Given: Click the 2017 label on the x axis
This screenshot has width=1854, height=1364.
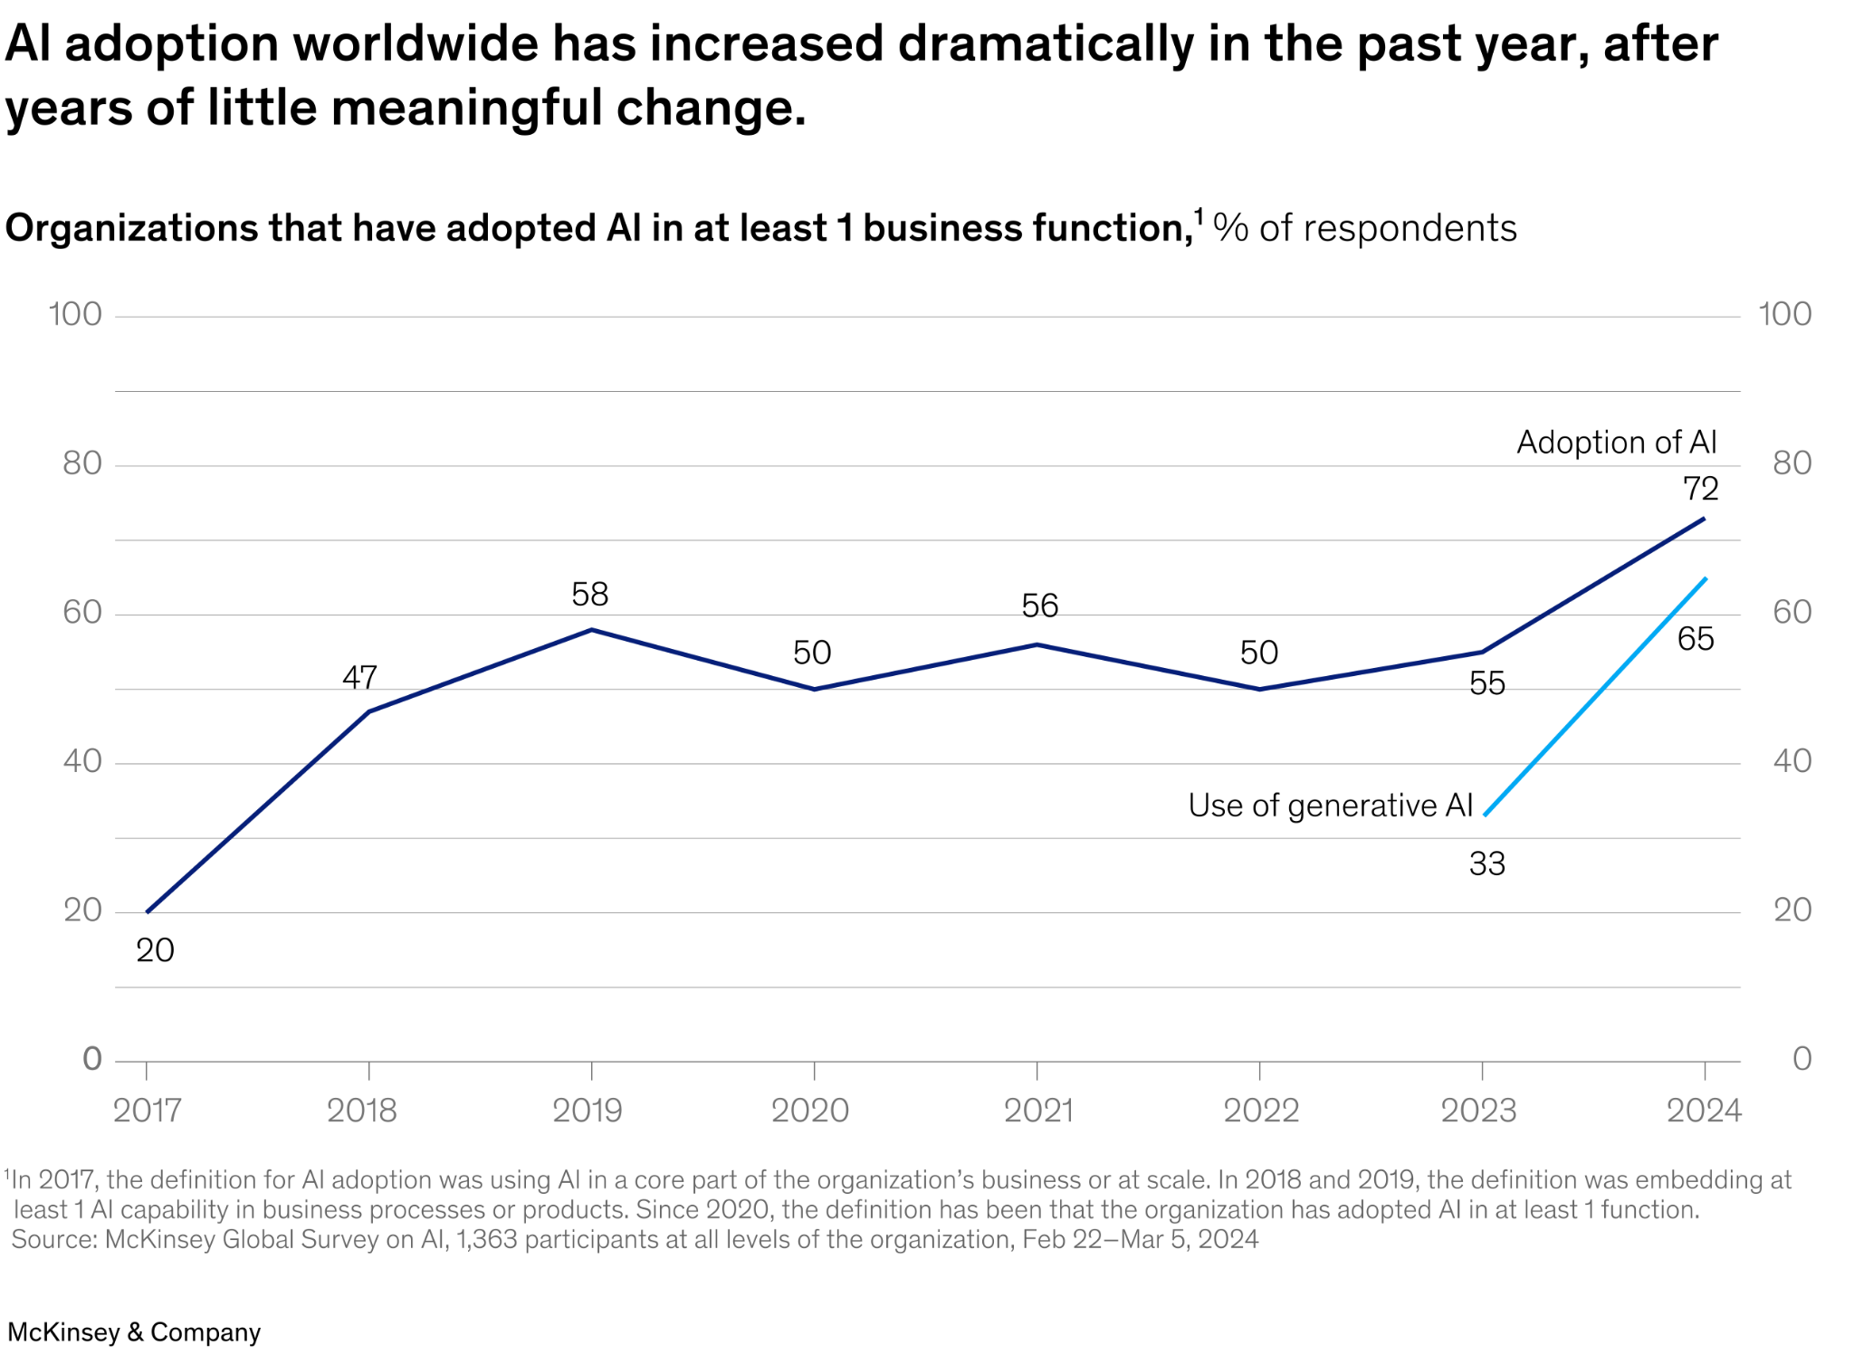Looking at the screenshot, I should point(147,1111).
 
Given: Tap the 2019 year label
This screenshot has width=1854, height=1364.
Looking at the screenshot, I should point(588,1111).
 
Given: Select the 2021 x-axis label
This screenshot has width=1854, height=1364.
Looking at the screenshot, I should point(1037,1111).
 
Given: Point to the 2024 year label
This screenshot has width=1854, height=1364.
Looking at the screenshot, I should point(1704,1111).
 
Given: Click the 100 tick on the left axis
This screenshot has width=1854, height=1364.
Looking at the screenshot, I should point(75,315).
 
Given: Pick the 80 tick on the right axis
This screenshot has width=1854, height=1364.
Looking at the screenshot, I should point(1792,464).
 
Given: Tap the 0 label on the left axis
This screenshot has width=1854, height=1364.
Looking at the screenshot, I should point(92,1059).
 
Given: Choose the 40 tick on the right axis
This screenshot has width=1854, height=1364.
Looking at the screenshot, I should point(1792,761).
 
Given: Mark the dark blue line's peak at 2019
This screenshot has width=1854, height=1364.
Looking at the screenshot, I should point(591,629).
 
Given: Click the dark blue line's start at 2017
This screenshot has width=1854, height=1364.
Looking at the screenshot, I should point(148,911).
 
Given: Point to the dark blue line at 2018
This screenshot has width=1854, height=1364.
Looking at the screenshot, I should point(368,711).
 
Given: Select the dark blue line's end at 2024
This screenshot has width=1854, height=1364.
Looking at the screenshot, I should point(1705,519).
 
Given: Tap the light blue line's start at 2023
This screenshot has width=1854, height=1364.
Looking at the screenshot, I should point(1484,816).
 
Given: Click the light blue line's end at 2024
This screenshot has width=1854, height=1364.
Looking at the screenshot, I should point(1706,577).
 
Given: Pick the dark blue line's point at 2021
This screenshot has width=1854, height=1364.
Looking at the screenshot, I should point(1037,644).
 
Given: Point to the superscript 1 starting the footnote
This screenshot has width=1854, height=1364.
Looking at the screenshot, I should point(7,1176).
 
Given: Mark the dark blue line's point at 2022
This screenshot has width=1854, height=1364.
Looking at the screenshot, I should point(1259,689).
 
